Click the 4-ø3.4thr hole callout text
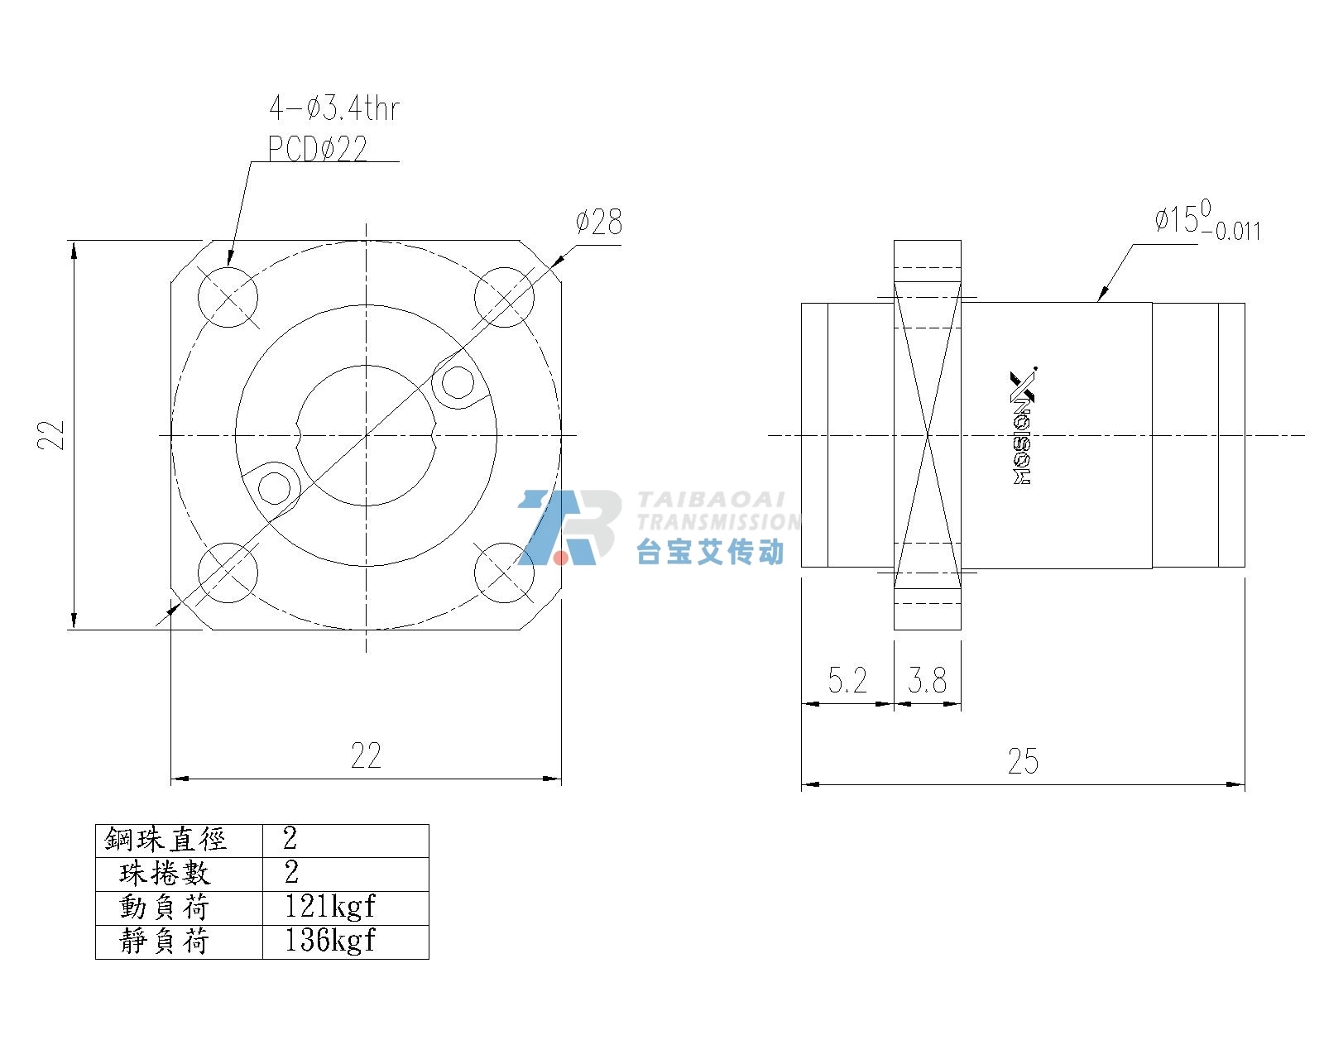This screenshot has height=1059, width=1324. click(334, 109)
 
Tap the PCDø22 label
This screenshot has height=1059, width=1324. click(318, 148)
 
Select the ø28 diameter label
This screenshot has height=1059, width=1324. click(598, 222)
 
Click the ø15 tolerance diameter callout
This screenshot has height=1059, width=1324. click(1207, 220)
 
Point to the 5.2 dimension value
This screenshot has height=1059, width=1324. click(847, 680)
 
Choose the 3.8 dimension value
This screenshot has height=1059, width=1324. click(927, 680)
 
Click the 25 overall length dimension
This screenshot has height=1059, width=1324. click(1023, 761)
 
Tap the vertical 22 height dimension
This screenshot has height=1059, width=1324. click(51, 435)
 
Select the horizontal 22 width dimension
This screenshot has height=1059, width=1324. click(366, 755)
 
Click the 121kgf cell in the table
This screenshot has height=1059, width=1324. click(330, 907)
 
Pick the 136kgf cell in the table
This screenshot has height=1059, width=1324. click(330, 940)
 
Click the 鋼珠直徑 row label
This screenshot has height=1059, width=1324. click(165, 839)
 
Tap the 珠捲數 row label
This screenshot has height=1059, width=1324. click(165, 873)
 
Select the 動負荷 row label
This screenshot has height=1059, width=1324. click(165, 907)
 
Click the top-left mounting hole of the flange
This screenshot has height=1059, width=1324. click(228, 297)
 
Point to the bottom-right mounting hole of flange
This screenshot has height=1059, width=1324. click(505, 573)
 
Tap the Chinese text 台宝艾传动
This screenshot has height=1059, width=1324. click(711, 551)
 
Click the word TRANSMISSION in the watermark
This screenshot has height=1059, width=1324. click(718, 522)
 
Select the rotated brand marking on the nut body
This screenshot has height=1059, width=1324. click(1023, 426)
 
